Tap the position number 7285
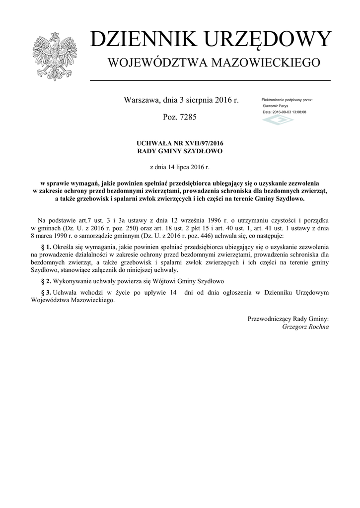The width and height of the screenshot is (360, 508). tap(189, 118)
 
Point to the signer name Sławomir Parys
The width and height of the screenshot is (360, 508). tap(276, 106)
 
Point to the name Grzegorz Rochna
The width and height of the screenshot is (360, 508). tap(305, 327)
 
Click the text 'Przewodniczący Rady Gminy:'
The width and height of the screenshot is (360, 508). tap(288, 319)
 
